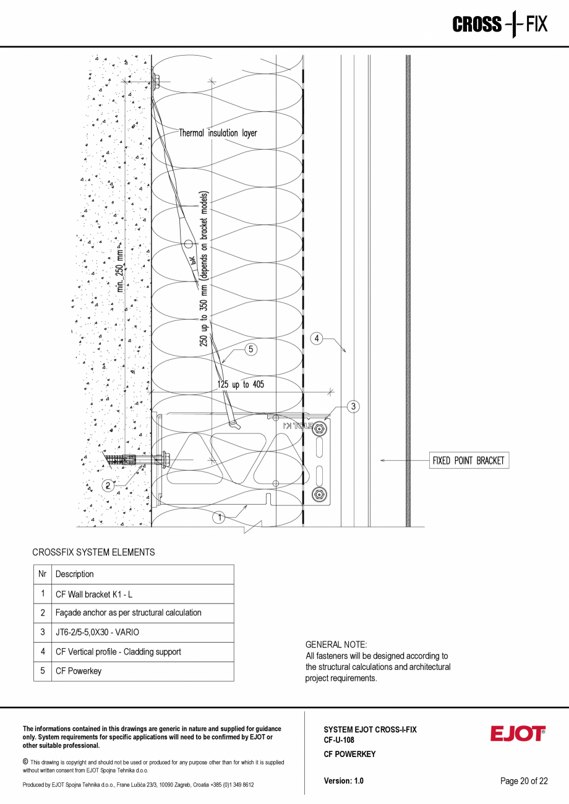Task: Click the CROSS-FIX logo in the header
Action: [x=500, y=24]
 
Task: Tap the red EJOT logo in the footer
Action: [x=518, y=734]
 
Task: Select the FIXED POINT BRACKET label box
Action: [x=469, y=461]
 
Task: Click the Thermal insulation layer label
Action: [x=218, y=133]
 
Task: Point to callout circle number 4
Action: [x=316, y=338]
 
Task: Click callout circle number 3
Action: [x=353, y=406]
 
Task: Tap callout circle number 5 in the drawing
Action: [x=250, y=349]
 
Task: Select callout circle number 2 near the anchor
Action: [x=108, y=485]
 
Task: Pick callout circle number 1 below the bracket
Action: [x=219, y=518]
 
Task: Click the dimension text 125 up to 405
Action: [x=241, y=385]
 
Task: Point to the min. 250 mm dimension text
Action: [x=120, y=269]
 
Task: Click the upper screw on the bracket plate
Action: [x=319, y=429]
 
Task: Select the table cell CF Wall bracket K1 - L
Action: [x=94, y=594]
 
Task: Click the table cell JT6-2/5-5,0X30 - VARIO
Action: [x=97, y=632]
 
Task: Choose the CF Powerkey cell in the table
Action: [x=79, y=671]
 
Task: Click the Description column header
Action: [x=75, y=574]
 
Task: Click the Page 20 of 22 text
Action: [x=524, y=780]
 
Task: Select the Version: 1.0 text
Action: [x=343, y=780]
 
